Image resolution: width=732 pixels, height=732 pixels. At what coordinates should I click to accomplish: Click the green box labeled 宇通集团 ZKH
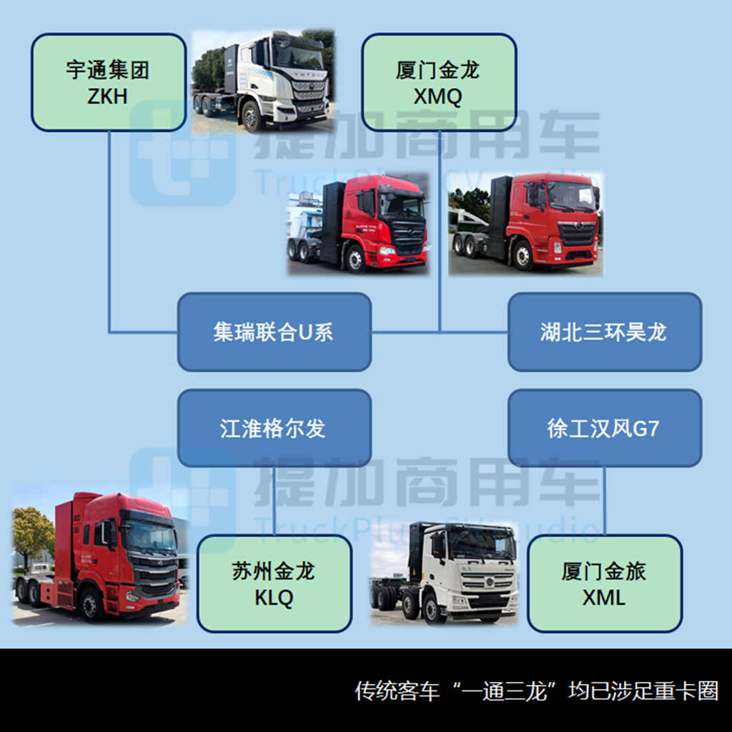tap(108, 82)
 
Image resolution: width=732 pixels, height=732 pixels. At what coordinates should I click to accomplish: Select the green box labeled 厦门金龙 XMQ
tap(437, 82)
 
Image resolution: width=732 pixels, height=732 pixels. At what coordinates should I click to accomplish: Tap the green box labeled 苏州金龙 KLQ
tap(274, 583)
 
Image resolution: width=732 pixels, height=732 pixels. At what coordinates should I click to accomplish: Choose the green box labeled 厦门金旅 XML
tap(604, 583)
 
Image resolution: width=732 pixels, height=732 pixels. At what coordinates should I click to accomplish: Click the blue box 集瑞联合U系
tap(274, 332)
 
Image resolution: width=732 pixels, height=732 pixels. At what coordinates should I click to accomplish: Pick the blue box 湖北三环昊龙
tap(604, 332)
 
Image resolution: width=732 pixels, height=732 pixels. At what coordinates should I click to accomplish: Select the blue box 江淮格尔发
tap(274, 427)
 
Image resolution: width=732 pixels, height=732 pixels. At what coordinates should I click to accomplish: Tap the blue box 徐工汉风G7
tap(604, 427)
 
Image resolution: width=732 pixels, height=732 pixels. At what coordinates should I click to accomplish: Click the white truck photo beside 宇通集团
tap(262, 80)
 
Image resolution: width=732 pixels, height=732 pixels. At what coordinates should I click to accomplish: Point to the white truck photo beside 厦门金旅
tap(443, 572)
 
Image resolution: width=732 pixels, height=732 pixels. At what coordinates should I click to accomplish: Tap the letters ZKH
tap(108, 97)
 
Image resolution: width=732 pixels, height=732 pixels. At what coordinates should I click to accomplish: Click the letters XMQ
tap(437, 97)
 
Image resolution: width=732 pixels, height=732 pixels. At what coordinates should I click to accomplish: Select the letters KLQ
tap(274, 598)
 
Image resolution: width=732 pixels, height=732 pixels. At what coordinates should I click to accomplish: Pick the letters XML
tap(604, 598)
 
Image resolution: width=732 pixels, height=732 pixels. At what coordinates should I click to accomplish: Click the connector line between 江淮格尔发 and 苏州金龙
tap(274, 500)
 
